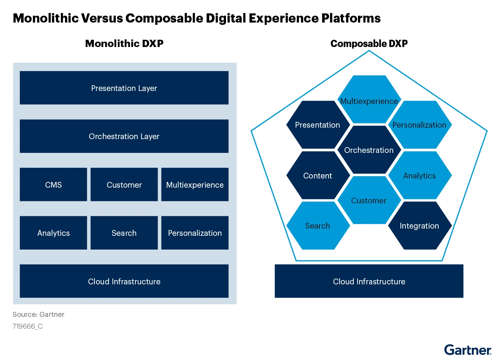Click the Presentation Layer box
coord(124,88)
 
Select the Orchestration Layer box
coord(124,136)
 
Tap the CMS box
coord(53,185)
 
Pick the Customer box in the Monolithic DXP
coord(124,185)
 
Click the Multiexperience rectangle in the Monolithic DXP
coord(195,185)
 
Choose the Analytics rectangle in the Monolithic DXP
coord(53,233)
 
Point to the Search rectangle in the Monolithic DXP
coord(124,233)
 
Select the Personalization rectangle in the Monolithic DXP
coord(195,233)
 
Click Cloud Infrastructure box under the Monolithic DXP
coord(124,281)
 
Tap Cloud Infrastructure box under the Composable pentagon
coord(369,281)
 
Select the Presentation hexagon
coord(318,125)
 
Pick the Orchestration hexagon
coord(369,150)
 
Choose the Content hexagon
coord(318,175)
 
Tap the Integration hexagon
coord(420,225)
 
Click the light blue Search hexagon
coord(318,225)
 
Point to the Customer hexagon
coord(369,200)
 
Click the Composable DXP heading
coord(369,44)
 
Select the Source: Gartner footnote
coord(38,315)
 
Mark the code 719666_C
coord(28,326)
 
